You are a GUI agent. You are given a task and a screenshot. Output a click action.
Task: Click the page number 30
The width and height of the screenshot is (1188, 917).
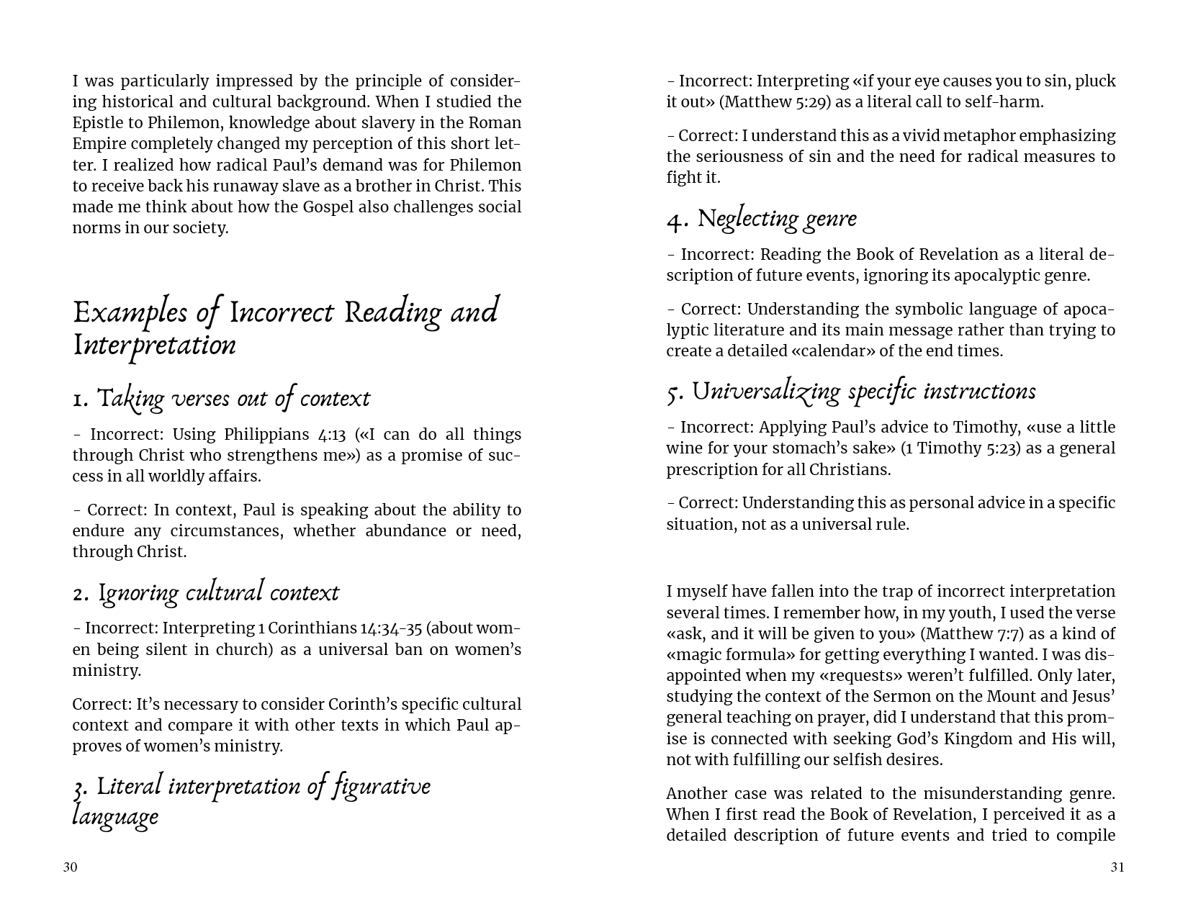pos(70,867)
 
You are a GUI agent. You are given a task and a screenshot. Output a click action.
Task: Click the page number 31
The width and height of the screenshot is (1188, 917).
pos(1117,867)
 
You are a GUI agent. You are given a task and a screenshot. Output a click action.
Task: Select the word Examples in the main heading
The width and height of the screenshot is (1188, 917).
pos(130,313)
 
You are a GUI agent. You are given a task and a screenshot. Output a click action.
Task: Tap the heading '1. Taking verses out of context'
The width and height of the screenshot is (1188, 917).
pos(221,399)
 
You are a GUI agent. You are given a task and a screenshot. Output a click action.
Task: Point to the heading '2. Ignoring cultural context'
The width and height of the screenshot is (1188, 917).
pos(205,593)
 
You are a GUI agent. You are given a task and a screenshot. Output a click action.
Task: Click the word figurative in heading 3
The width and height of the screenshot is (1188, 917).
pos(381,786)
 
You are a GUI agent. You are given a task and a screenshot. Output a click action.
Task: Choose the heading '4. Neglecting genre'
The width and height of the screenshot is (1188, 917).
pos(761,219)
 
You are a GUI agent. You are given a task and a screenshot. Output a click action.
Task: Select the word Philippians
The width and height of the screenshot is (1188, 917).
pos(266,435)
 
